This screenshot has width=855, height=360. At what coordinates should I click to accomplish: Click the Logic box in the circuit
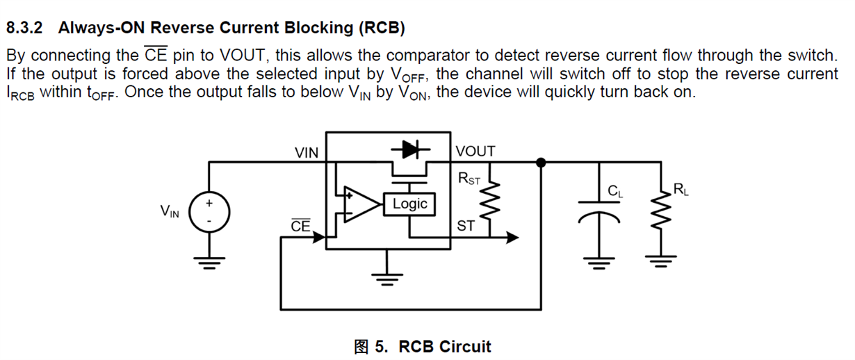409,204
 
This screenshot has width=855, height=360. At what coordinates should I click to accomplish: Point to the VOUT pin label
475,152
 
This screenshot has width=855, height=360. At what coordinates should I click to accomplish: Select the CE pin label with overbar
300,226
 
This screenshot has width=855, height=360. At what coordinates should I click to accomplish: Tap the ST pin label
466,226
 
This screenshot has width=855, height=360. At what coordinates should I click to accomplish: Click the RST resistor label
469,179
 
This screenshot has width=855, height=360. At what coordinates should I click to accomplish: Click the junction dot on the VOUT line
541,163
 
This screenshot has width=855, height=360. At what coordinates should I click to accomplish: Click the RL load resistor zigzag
657,213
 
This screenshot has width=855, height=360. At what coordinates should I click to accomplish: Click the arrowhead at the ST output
512,238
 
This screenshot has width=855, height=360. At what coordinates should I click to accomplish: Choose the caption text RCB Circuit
445,347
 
